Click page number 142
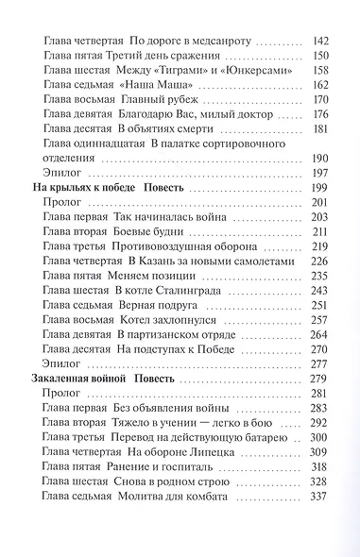click(321, 42)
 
